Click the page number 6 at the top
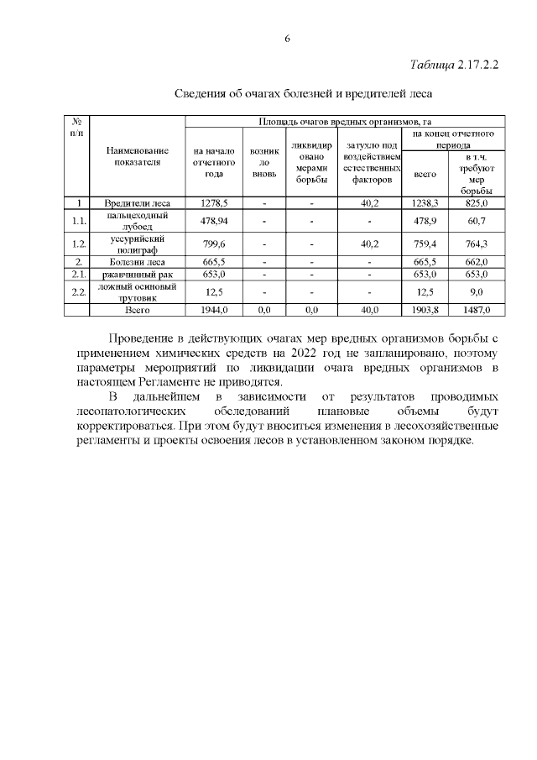[x=287, y=39]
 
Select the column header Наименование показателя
[x=136, y=156]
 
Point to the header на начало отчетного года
[x=212, y=162]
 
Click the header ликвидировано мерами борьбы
[x=311, y=162]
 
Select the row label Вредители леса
[x=136, y=203]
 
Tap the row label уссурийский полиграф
[x=136, y=244]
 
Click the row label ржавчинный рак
[x=136, y=274]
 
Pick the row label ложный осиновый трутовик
[x=136, y=291]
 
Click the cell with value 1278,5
[x=212, y=203]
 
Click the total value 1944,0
[x=212, y=310]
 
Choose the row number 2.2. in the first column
[x=78, y=291]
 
